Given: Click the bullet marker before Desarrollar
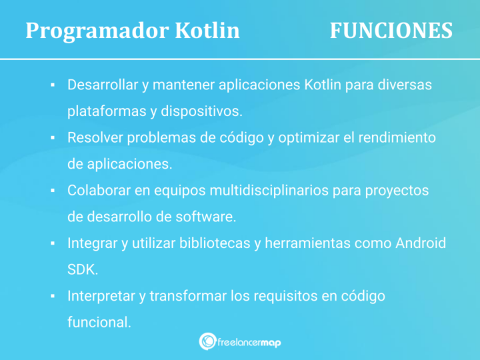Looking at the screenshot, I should [52, 85].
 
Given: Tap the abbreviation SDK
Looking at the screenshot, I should [81, 269].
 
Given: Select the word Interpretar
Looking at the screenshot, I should [102, 296].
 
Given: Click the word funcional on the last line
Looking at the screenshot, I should [99, 322].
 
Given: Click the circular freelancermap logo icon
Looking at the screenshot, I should [207, 341].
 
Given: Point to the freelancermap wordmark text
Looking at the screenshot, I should [249, 342].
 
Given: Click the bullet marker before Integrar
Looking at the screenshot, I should [52, 243].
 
